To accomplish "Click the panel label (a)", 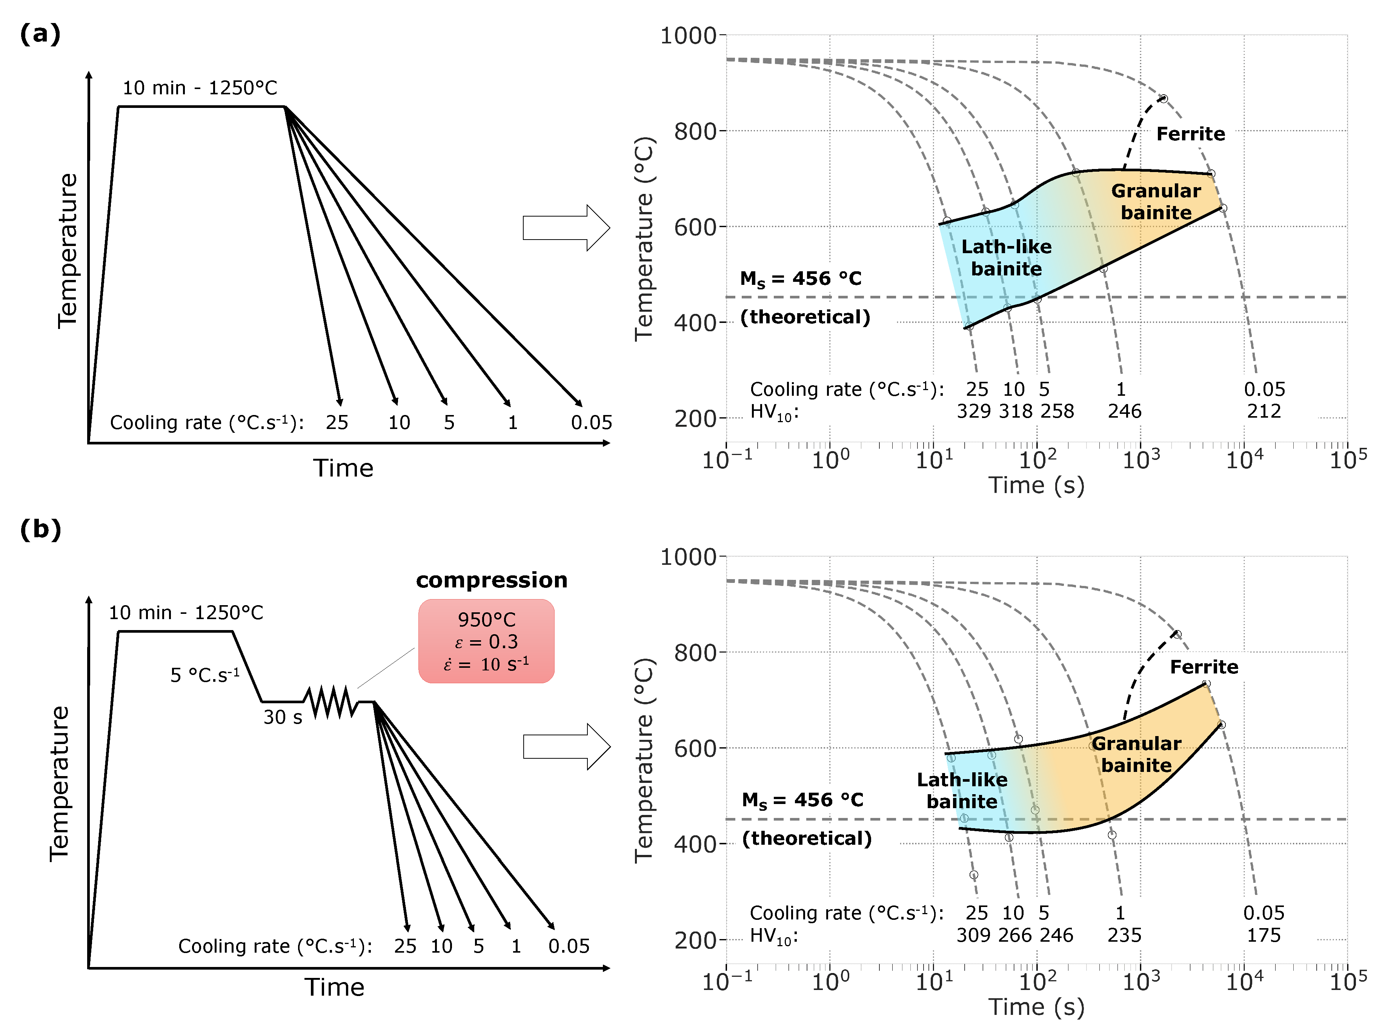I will click(x=40, y=34).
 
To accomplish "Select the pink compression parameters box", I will click(x=486, y=641).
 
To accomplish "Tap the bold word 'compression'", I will click(x=492, y=580).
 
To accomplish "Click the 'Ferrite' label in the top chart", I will click(x=1190, y=134).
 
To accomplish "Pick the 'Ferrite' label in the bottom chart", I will click(x=1204, y=667).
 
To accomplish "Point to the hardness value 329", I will click(x=973, y=412).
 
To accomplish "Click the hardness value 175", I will click(x=1263, y=935).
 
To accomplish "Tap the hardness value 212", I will click(x=1263, y=412).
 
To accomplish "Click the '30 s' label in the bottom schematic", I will click(x=283, y=717).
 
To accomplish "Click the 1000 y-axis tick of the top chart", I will click(x=689, y=35).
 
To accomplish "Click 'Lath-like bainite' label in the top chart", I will click(x=1006, y=258).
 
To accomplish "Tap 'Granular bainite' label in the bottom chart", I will click(x=1136, y=754).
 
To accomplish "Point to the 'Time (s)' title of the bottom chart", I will click(x=1036, y=1007).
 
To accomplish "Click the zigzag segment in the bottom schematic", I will click(x=331, y=702).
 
